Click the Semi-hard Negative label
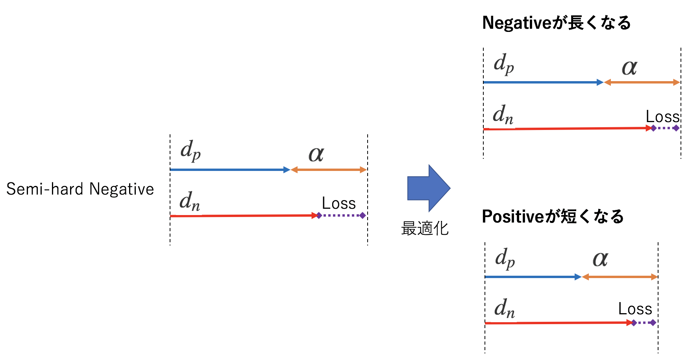pos(80,189)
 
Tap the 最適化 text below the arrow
pos(425,228)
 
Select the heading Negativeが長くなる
pos(556,23)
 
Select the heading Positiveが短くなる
pos(553,217)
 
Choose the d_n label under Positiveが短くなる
pos(505,308)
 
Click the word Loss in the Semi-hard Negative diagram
pos(338,204)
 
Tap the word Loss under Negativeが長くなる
pos(663,117)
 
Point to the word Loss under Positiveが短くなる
pos(635,309)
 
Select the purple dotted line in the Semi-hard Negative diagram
pos(341,215)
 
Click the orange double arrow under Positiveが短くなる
pos(620,277)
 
